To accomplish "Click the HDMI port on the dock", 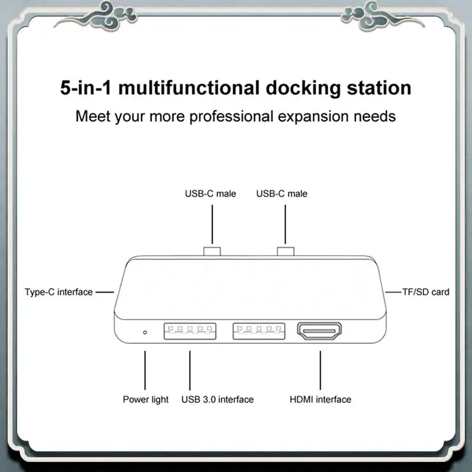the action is [x=319, y=331].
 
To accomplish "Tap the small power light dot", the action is [x=145, y=332].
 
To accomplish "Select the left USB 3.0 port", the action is [x=190, y=331].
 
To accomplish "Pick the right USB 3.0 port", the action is [x=259, y=331].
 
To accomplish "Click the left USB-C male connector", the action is [x=212, y=251].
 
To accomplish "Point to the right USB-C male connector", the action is [x=286, y=251].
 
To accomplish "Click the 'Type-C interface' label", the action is [x=58, y=292].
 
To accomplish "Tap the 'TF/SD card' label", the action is [x=425, y=292].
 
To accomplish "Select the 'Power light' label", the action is [x=146, y=399].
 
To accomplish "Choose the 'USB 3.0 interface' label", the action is [x=217, y=399].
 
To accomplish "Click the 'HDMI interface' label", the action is [x=320, y=399].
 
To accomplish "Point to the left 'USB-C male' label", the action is [x=211, y=194].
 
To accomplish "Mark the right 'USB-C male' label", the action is [x=282, y=194].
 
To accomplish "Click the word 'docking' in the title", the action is [x=303, y=88].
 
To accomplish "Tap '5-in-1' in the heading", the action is [x=86, y=88].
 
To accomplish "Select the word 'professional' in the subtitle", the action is [x=231, y=117].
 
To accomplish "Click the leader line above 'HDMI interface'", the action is [x=320, y=371].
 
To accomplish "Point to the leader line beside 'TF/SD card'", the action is [x=394, y=292].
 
